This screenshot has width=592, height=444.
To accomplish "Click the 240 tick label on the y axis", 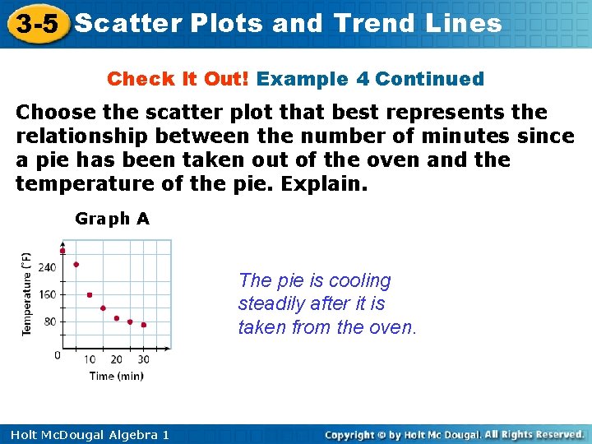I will tap(48, 266).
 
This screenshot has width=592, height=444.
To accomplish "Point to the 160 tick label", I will tap(48, 294).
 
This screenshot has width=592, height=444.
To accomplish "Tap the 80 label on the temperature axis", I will tap(50, 321).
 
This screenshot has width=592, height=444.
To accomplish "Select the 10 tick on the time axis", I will tap(90, 359).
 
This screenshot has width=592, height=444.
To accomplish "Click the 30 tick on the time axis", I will tap(143, 359).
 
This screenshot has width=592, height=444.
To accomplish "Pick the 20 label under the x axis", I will tap(116, 359).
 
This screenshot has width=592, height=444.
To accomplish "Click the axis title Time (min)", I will tap(116, 376).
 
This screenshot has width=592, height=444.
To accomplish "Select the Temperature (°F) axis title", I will tap(26, 294).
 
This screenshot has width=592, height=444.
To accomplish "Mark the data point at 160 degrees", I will tap(90, 294).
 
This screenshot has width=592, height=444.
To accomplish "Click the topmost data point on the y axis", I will tap(62, 251).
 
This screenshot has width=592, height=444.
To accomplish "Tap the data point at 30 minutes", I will tap(143, 325).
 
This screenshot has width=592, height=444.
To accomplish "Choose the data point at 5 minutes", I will tap(76, 264).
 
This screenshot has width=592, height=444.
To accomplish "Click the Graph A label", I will tap(112, 219).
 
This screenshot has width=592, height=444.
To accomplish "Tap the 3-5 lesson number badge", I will tap(35, 23).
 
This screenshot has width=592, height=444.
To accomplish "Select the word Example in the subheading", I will tap(302, 80).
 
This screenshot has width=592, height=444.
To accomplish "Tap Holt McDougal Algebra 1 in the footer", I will tap(85, 435).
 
